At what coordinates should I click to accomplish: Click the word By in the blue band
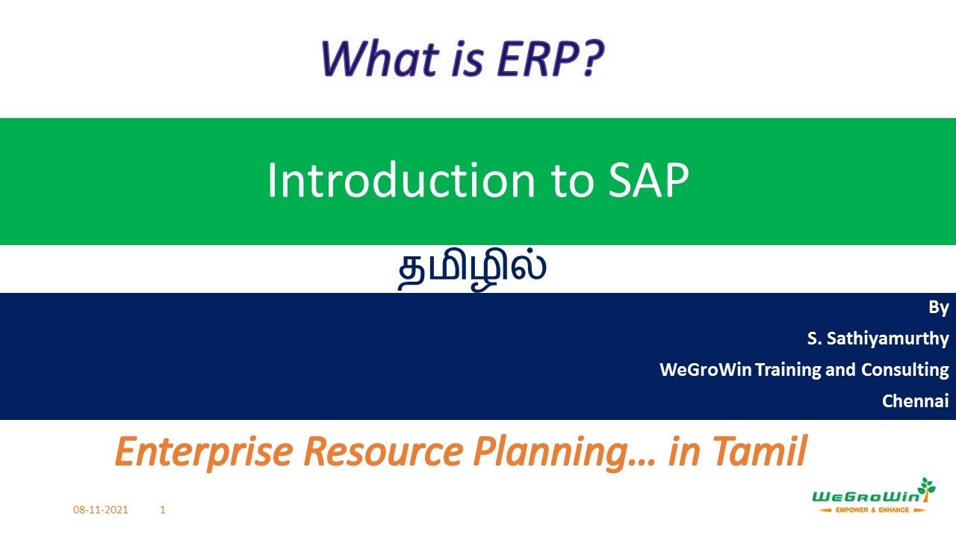tap(938, 307)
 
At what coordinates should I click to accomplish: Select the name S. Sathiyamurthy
tap(878, 338)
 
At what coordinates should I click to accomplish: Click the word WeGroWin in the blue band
tap(706, 369)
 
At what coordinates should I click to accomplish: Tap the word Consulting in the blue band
tap(904, 369)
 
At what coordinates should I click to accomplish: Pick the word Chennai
tap(915, 401)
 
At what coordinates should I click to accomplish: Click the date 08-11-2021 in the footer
tap(101, 510)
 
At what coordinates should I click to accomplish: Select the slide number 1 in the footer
tap(163, 510)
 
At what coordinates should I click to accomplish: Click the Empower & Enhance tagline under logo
tap(872, 510)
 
